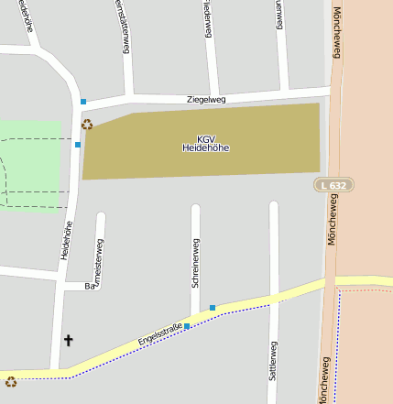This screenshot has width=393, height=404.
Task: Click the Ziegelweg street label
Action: coord(205,99)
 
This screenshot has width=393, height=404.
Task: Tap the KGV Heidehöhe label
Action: coord(205,143)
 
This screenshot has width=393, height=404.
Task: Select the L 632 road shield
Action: coord(333,185)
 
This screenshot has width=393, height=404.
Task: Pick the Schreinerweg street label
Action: coord(195,263)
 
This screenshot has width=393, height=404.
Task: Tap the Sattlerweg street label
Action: coord(273,361)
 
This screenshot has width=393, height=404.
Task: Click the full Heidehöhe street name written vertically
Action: coord(66,239)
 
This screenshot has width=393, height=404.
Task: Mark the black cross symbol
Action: coord(68,341)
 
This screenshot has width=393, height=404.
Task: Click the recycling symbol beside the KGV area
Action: coord(87,124)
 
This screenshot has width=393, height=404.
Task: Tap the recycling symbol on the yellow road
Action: coord(11,382)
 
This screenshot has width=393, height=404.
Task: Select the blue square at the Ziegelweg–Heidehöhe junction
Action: coord(83,101)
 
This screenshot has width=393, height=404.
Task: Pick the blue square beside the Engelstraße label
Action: coord(187,325)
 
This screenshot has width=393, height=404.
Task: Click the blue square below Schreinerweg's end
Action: coord(213,307)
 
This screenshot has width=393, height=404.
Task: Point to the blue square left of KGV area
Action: coord(78,144)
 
